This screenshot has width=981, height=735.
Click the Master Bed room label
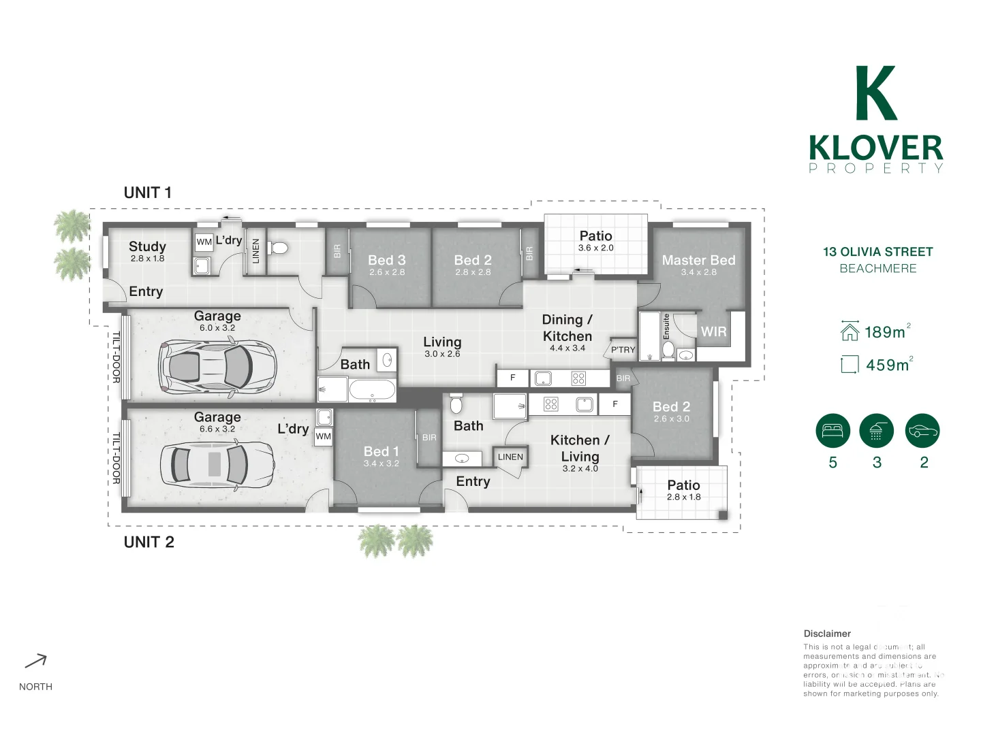pyautogui.click(x=698, y=261)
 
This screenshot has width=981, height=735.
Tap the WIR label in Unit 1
pyautogui.click(x=713, y=332)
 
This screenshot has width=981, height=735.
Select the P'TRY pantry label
pyautogui.click(x=623, y=350)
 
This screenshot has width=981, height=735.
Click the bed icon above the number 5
pyautogui.click(x=832, y=431)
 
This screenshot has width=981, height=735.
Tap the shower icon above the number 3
pyautogui.click(x=876, y=431)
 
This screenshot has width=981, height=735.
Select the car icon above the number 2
pyautogui.click(x=922, y=431)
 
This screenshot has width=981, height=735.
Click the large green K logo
pyautogui.click(x=875, y=93)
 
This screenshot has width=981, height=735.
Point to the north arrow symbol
pyautogui.click(x=36, y=661)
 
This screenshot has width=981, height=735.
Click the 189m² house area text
pyautogui.click(x=886, y=332)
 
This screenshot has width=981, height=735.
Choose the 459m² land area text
pyautogui.click(x=888, y=365)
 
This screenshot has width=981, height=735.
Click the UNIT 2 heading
pyautogui.click(x=149, y=542)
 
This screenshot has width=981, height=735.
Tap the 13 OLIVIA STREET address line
pyautogui.click(x=877, y=252)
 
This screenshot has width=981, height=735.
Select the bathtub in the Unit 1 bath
pyautogui.click(x=371, y=391)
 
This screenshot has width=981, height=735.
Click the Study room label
pyautogui.click(x=147, y=246)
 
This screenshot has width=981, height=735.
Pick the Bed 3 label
pyautogui.click(x=386, y=261)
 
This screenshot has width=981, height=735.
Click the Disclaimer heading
pyautogui.click(x=827, y=634)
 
